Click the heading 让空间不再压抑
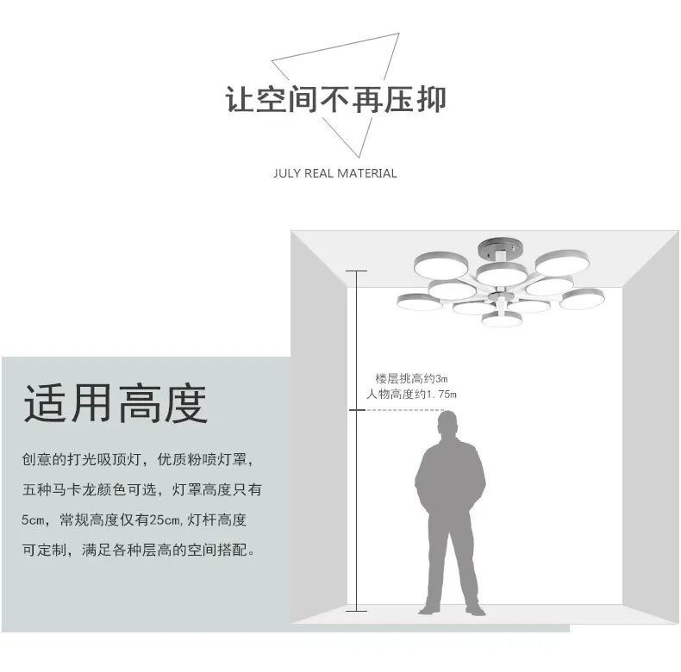click(335, 99)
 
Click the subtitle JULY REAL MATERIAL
click(335, 173)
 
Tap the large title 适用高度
click(116, 404)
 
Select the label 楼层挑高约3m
click(412, 378)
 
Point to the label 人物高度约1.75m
click(412, 395)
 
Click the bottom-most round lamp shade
click(503, 320)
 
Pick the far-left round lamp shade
click(420, 302)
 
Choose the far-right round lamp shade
click(581, 300)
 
